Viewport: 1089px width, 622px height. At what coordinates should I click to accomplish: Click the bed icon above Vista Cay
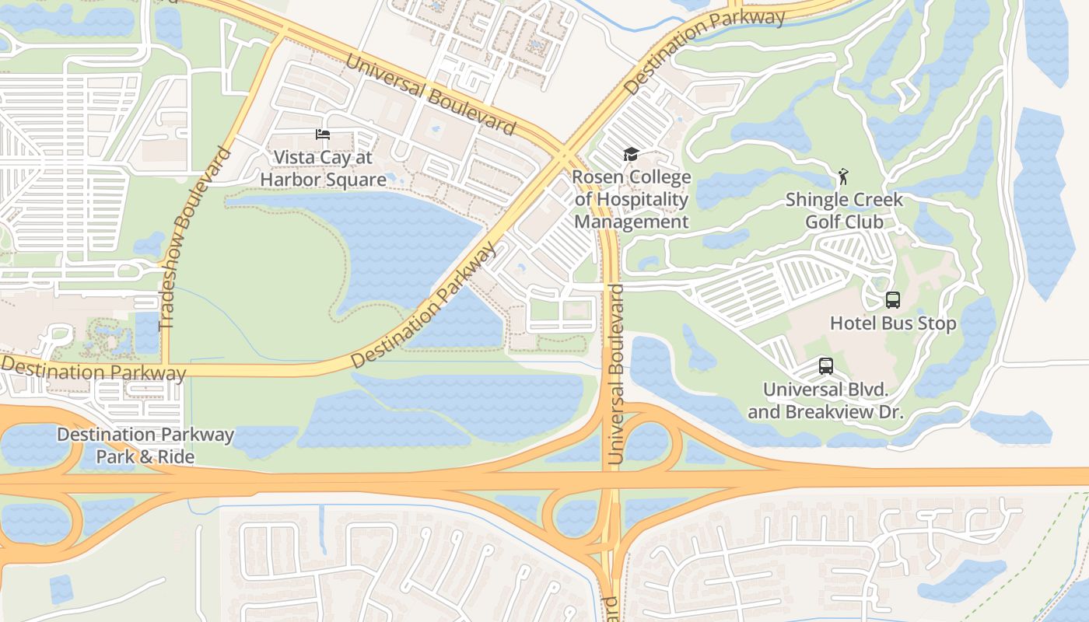click(x=323, y=135)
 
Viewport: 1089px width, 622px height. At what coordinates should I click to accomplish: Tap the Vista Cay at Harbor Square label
click(x=323, y=169)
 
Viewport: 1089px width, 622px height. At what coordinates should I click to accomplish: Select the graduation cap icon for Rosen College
click(x=631, y=155)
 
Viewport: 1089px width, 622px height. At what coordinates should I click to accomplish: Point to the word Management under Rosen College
click(x=632, y=222)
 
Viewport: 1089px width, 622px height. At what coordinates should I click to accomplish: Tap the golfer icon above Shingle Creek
click(x=843, y=176)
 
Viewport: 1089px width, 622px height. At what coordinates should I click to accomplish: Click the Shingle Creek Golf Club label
click(x=844, y=211)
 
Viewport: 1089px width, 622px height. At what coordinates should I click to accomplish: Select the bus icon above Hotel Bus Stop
click(x=892, y=300)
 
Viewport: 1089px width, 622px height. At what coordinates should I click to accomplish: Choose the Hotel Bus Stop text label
click(x=893, y=323)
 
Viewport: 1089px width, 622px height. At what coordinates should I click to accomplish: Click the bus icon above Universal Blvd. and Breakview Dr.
click(x=825, y=366)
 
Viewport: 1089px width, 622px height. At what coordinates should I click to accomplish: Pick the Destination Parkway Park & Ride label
click(x=145, y=446)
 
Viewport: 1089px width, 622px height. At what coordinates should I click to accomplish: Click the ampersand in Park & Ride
click(x=146, y=457)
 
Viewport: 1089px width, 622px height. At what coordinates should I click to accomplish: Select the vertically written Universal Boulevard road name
click(x=617, y=375)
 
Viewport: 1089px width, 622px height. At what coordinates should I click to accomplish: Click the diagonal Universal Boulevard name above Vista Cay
click(x=430, y=93)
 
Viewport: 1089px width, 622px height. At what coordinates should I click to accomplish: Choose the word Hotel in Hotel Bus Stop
click(x=853, y=323)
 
